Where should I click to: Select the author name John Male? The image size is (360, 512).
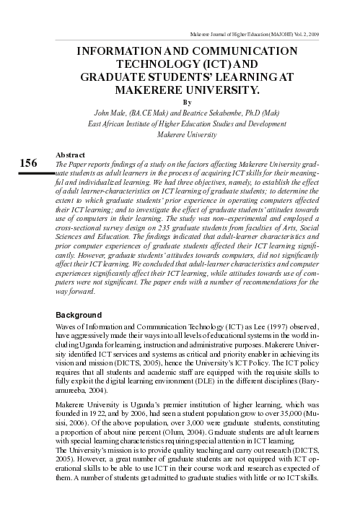(111, 113)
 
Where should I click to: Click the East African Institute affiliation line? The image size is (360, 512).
(189, 123)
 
